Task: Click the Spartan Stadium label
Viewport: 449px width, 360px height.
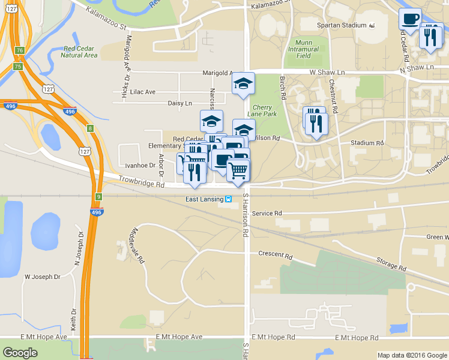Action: point(341,25)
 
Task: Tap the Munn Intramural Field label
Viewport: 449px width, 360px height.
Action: point(307,49)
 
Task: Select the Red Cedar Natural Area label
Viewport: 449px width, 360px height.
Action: point(80,52)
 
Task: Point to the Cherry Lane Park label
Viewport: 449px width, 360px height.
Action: point(262,110)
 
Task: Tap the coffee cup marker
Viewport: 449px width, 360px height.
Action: point(410,19)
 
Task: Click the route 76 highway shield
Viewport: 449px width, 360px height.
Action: point(20,50)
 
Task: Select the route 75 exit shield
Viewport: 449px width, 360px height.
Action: point(18,66)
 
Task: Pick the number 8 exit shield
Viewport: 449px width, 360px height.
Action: point(90,128)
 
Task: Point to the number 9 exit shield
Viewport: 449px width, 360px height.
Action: point(98,196)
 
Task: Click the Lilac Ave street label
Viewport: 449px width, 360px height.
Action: point(142,92)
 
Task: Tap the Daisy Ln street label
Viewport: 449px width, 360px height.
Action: point(179,103)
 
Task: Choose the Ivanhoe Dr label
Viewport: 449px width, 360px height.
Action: point(140,165)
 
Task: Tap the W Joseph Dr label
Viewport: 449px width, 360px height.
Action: point(42,277)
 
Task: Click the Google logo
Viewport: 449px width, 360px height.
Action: point(20,353)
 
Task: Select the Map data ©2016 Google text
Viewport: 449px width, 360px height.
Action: point(412,355)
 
